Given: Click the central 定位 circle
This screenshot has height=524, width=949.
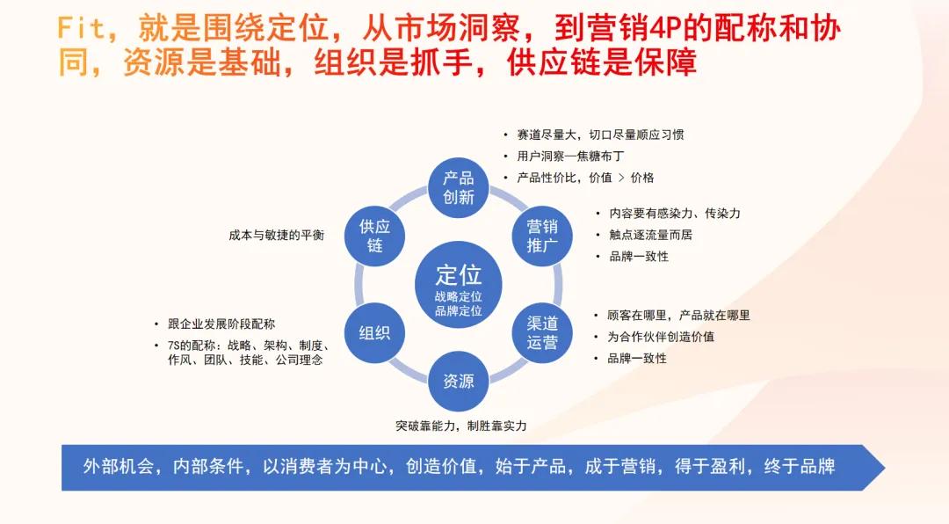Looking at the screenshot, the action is click(458, 285).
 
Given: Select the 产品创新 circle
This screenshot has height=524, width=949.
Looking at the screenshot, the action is click(458, 188).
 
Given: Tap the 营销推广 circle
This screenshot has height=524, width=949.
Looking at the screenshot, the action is click(541, 237).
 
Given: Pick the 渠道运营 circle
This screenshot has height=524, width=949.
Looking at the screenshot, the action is click(541, 333).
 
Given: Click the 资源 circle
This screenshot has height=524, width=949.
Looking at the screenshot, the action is click(458, 382).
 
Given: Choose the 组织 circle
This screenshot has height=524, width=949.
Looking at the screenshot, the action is click(374, 333).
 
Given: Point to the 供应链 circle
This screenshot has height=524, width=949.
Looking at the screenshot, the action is click(374, 237).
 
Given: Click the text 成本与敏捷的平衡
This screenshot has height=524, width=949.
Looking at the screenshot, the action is click(277, 235).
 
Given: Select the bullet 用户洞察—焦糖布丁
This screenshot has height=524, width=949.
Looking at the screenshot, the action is click(570, 156).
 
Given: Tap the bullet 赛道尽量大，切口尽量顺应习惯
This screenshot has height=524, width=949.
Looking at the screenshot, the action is click(600, 135).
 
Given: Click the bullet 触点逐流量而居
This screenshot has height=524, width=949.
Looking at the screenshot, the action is click(650, 235).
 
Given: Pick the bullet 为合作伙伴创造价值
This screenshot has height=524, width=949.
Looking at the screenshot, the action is click(661, 337).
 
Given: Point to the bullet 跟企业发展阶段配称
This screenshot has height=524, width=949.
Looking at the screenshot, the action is click(221, 324).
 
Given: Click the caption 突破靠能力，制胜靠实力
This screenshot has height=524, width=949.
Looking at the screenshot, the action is click(461, 426).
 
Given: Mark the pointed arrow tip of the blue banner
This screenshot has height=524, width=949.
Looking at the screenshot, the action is click(885, 468).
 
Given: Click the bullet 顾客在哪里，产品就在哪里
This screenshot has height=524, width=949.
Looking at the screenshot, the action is click(679, 316).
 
